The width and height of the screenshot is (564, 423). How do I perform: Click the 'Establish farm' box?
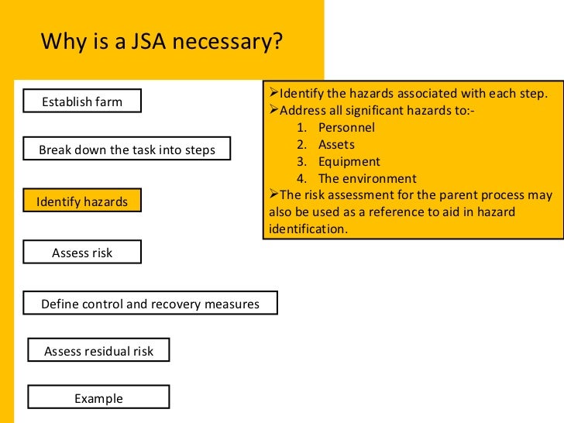(82, 101)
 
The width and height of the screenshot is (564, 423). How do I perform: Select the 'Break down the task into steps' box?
(127, 149)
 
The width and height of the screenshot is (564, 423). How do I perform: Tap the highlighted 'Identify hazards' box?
(82, 201)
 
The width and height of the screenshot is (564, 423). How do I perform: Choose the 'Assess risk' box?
(82, 253)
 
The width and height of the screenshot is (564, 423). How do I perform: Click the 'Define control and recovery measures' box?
(150, 304)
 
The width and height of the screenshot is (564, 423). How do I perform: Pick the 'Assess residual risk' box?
(98, 351)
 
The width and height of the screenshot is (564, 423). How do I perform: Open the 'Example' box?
(98, 398)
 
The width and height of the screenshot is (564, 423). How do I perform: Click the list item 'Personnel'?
(346, 127)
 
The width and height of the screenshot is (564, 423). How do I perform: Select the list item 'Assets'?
(336, 144)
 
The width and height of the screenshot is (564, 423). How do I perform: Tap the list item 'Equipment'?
(349, 162)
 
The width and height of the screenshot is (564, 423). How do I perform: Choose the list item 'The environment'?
(367, 179)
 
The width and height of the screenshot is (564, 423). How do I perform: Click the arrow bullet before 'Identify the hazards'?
(273, 93)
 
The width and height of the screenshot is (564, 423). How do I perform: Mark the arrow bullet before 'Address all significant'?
(273, 110)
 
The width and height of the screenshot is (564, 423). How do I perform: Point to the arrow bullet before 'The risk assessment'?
(273, 195)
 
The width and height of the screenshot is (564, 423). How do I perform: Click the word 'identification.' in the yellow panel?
(308, 229)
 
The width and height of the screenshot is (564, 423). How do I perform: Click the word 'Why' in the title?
(58, 41)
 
